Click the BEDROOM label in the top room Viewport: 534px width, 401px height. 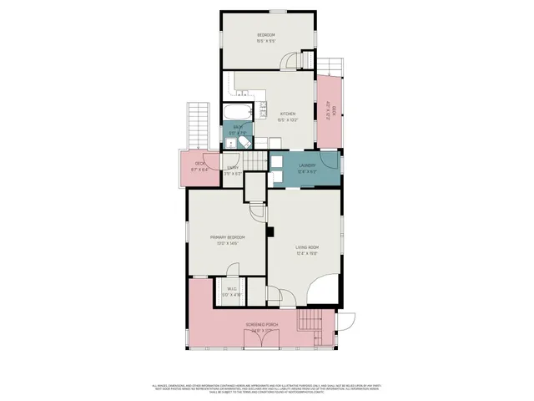(x=266, y=34)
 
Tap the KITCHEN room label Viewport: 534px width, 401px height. (x=288, y=114)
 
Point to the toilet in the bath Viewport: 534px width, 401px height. (x=244, y=143)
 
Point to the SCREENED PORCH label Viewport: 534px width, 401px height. (x=263, y=324)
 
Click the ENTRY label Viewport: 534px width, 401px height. (x=233, y=168)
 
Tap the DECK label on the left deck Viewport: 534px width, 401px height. (x=200, y=164)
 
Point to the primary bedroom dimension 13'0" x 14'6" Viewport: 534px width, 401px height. (x=227, y=244)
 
